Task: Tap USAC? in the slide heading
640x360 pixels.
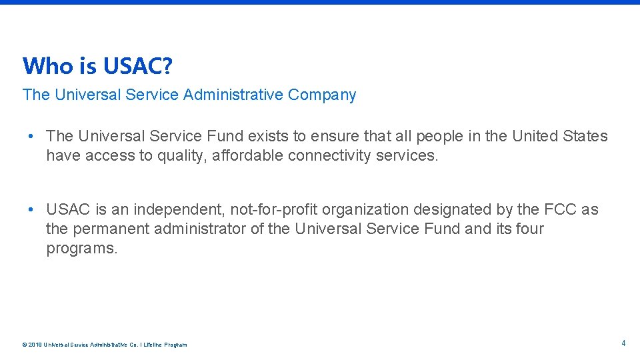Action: click(x=138, y=66)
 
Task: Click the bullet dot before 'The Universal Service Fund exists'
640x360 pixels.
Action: click(x=31, y=136)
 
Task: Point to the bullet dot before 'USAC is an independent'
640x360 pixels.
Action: click(x=31, y=209)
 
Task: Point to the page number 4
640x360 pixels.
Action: click(x=623, y=343)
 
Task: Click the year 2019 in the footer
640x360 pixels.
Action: click(x=34, y=345)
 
